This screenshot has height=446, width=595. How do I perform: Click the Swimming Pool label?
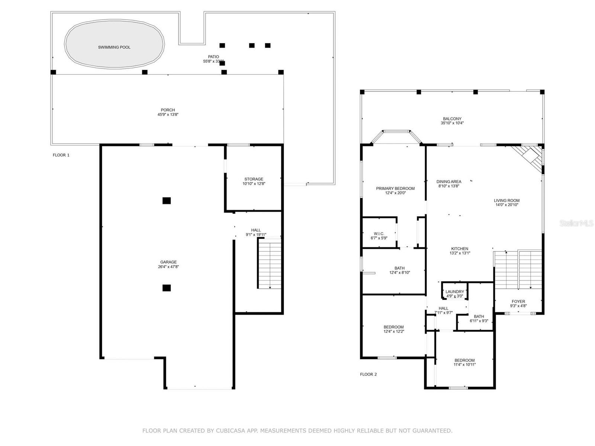(114, 47)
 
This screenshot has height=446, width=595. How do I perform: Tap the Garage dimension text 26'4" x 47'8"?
(168, 267)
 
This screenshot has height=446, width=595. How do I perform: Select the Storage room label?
(254, 179)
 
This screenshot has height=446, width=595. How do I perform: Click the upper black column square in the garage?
(167, 201)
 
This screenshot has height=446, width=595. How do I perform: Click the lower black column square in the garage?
(167, 288)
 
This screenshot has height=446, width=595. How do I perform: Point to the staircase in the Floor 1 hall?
(270, 264)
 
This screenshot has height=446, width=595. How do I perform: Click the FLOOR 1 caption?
(61, 155)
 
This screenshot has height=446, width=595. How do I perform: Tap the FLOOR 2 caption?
(368, 374)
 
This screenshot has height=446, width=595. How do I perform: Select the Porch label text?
(168, 110)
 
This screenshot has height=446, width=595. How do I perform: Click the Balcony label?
(452, 119)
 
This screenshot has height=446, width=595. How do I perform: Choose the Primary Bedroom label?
(395, 188)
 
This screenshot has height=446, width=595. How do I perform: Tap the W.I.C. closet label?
(379, 234)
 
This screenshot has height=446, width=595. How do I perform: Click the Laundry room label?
(454, 292)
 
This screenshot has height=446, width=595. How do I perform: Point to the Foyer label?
(518, 301)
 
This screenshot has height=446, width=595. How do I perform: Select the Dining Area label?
(448, 182)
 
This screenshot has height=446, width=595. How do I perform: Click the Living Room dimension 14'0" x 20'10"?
(506, 205)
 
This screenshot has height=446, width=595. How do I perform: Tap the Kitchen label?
(460, 249)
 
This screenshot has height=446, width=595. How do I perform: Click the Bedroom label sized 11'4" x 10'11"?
(464, 360)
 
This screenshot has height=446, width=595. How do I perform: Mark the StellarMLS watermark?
(576, 223)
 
